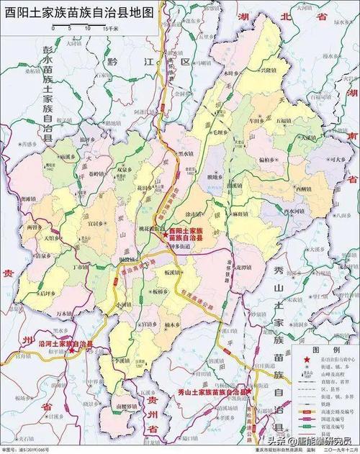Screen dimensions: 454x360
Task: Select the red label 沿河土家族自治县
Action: coord(65,345)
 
